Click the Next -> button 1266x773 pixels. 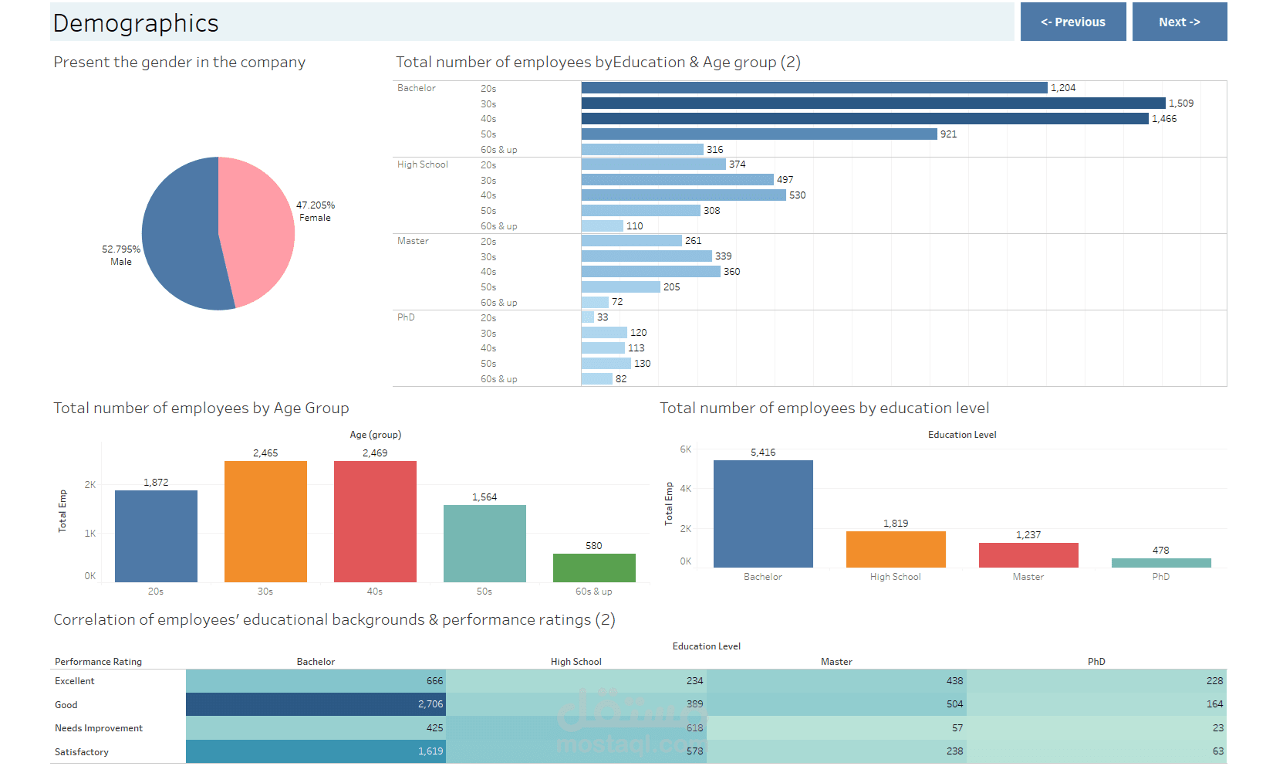coord(1179,22)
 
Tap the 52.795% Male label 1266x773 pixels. coord(121,255)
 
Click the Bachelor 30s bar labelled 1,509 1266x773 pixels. coord(873,103)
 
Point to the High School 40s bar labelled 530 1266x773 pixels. coord(684,195)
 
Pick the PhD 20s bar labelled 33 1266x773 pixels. coord(588,317)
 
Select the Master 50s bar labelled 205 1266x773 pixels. coord(621,287)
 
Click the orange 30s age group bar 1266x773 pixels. coord(265,521)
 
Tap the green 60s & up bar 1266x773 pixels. coord(594,568)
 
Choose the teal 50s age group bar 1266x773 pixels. coord(484,544)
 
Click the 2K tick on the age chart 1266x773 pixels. coord(90,485)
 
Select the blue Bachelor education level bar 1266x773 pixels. coord(763,514)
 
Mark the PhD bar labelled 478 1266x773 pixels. coord(1161,563)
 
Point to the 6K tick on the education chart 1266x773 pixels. coord(686,449)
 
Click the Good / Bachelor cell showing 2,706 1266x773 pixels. coord(316,704)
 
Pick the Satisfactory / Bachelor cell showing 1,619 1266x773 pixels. coord(316,751)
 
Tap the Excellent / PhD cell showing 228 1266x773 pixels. coord(1096,681)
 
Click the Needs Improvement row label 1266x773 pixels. coord(99,728)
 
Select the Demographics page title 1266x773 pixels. coord(136,23)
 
